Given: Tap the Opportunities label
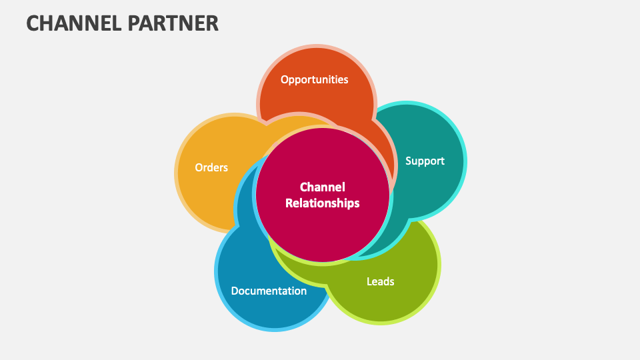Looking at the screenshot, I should [x=314, y=79].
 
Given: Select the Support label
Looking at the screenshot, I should [x=425, y=161].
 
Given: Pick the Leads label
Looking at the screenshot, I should [x=380, y=281].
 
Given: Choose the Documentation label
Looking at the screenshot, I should [x=269, y=291].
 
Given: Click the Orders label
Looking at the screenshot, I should [x=211, y=167].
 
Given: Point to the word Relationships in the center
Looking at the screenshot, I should [x=322, y=203].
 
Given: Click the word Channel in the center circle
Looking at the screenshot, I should [x=322, y=187].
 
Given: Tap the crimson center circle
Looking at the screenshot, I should [x=323, y=227].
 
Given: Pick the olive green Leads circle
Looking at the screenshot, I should [x=393, y=300].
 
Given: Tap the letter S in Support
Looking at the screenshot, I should [x=409, y=161].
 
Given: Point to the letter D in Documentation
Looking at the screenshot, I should [x=235, y=291].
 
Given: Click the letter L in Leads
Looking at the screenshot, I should [x=369, y=281].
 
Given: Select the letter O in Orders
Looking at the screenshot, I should [x=199, y=167].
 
